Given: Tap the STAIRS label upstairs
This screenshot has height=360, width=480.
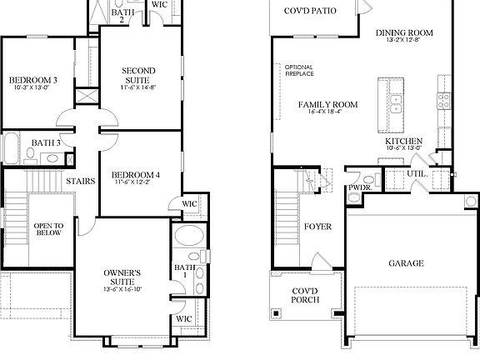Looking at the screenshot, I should click(x=79, y=179).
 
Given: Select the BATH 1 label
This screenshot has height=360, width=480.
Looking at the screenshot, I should click(x=181, y=271).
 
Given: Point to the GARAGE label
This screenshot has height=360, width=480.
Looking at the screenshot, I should click(x=406, y=262).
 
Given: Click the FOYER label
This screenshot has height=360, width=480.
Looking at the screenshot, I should click(x=317, y=226).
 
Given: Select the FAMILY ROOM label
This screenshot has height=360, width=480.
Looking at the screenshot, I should click(x=328, y=104).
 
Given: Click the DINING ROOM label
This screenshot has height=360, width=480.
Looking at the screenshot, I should click(x=404, y=32).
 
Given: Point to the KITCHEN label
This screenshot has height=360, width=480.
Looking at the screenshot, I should click(x=403, y=142).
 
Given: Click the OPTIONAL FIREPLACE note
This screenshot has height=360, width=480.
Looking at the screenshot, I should click(x=298, y=71).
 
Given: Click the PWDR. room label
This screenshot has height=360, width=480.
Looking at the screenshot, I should click(x=359, y=188).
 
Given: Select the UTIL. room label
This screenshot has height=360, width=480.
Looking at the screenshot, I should click(x=417, y=174).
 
